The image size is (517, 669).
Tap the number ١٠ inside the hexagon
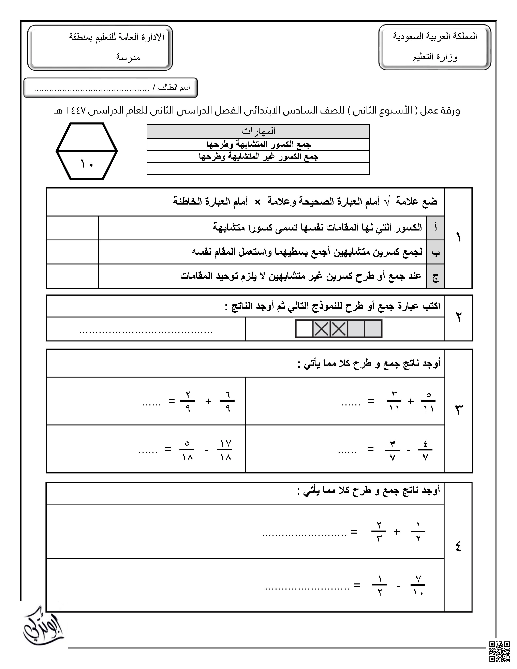tap(87, 164)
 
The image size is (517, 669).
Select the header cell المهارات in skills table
tap(258, 131)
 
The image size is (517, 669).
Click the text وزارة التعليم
tap(435, 57)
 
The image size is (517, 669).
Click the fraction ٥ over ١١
tap(428, 401)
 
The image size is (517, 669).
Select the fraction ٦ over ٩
tap(227, 401)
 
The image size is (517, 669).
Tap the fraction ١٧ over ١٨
tap(225, 450)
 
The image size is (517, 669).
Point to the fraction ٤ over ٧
tap(425, 450)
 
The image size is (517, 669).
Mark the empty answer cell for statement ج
tap(73, 276)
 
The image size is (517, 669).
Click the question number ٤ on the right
tap(458, 547)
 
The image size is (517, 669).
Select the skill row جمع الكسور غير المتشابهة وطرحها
tap(258, 157)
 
